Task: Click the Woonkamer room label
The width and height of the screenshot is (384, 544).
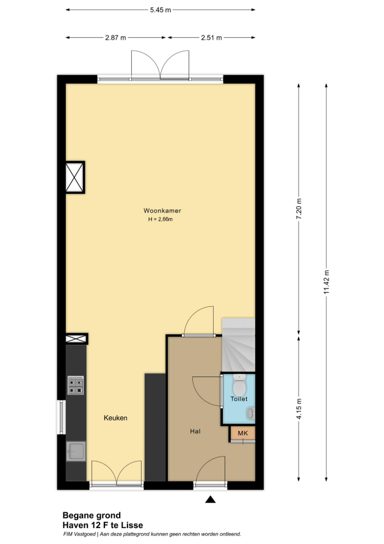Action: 162,211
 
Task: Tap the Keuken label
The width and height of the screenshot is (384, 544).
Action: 115,418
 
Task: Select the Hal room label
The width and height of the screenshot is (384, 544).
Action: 195,432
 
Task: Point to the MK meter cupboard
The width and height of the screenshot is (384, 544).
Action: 243,433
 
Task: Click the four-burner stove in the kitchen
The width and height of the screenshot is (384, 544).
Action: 76,386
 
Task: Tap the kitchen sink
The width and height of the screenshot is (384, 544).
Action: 76,451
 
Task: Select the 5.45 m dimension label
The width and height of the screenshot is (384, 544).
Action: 161,10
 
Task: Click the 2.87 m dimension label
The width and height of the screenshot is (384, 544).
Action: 116,37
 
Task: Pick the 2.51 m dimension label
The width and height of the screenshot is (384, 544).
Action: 211,37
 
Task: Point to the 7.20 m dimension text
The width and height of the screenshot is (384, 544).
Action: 299,208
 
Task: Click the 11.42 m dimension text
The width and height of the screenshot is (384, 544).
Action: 327,282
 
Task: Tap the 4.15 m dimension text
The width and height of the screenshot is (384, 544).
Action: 299,409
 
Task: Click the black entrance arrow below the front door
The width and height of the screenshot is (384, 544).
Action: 211,499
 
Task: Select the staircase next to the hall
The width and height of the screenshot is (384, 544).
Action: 239,345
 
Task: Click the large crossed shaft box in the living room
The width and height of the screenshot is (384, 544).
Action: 75,177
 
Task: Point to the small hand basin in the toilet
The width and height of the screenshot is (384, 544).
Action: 250,413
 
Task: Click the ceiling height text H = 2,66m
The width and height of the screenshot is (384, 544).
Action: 161,219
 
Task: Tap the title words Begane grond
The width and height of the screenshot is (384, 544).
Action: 92,515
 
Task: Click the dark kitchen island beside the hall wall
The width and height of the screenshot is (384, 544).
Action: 155,427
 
